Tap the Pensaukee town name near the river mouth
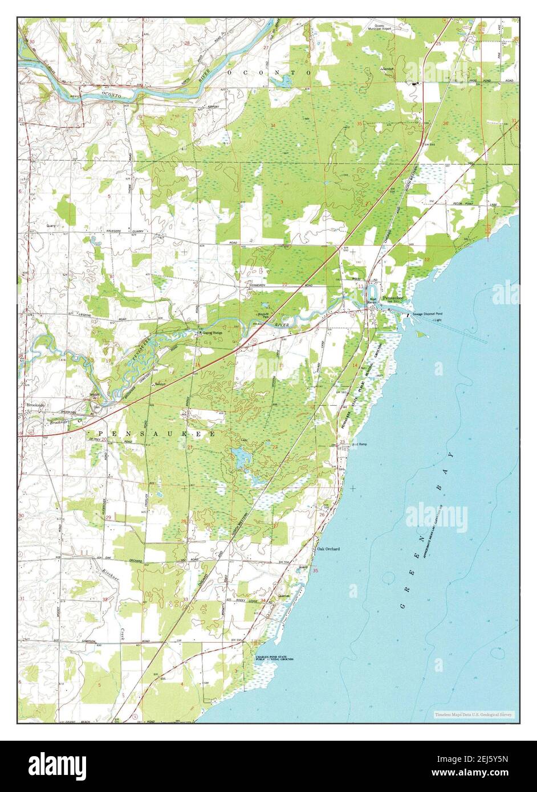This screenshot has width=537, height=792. click(x=392, y=298)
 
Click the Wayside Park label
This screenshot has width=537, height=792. click(x=263, y=316)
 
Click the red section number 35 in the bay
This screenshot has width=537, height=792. click(x=315, y=570)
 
